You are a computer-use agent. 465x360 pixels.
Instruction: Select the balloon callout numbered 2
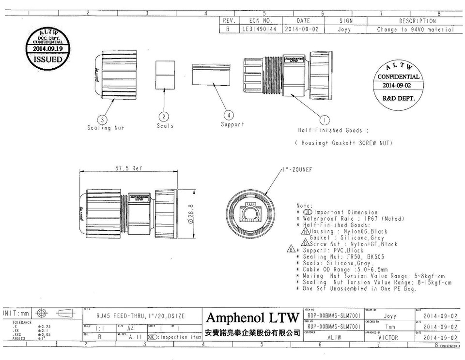165,117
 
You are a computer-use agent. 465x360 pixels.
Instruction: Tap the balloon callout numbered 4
229,115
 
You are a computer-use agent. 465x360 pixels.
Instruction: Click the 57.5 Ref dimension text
128,168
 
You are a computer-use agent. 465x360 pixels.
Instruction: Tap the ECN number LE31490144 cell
259,29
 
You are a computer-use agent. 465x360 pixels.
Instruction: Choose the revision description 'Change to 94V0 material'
416,29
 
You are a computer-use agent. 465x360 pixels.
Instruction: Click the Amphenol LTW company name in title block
253,318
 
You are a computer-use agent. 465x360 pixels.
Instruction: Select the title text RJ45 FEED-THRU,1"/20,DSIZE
140,315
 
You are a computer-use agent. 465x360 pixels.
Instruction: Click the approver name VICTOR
387,337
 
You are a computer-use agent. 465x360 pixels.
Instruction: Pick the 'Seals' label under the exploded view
165,126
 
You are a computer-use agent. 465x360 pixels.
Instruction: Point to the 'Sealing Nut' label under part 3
106,128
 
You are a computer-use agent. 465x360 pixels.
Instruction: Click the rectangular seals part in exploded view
165,75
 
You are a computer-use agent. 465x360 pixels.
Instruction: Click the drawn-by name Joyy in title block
389,316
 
